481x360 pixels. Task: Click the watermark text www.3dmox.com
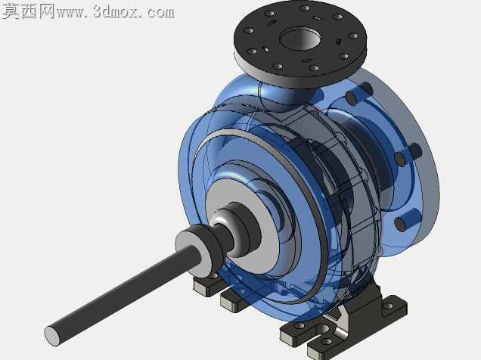(x=116, y=13)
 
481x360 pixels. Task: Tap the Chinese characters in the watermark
(x=29, y=11)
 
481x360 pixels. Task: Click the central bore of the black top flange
(x=300, y=39)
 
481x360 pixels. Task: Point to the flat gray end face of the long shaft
(x=52, y=335)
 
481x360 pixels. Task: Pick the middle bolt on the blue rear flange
(x=408, y=155)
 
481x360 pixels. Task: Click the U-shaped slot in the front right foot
(x=323, y=330)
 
